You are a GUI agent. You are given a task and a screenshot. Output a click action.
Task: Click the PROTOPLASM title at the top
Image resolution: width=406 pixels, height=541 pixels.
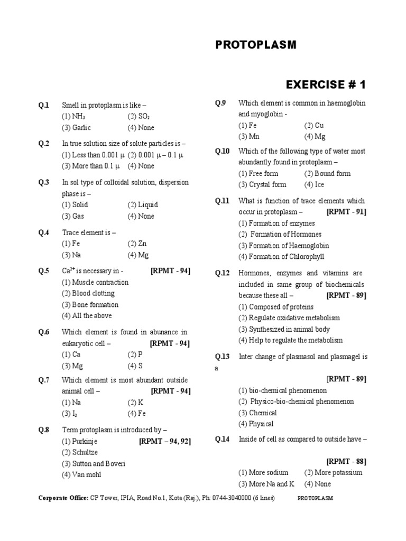[x=256, y=45]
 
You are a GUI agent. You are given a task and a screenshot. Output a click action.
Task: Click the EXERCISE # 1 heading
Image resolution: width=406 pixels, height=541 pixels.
[x=326, y=85]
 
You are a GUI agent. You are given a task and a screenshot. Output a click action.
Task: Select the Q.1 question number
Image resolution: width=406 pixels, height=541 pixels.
[x=43, y=105]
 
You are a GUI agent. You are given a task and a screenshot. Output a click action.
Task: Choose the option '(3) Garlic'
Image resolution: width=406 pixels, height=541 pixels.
[x=76, y=128]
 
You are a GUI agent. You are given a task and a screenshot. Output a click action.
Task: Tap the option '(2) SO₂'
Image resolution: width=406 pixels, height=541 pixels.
[x=139, y=116]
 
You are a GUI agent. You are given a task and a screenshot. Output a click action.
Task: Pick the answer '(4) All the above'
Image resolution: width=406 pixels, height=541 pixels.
[x=87, y=316]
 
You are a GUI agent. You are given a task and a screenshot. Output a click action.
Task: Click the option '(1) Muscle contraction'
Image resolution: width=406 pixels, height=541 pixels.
[x=95, y=282]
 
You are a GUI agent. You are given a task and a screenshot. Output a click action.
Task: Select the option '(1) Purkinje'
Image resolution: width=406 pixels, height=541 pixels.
[x=79, y=441]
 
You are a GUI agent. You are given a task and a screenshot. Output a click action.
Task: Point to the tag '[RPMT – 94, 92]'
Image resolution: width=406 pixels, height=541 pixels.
[x=165, y=441]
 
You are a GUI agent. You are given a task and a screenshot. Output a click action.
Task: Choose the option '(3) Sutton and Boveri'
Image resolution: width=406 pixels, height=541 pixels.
[x=94, y=463]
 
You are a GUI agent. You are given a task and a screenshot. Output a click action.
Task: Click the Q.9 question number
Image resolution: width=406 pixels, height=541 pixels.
[x=220, y=103]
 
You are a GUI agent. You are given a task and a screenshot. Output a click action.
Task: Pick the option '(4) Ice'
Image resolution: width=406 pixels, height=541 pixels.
[x=314, y=184]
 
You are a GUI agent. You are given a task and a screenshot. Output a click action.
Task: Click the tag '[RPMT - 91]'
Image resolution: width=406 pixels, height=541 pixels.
[x=346, y=212]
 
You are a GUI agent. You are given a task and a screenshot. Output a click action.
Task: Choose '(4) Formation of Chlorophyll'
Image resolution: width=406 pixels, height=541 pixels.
[x=281, y=257]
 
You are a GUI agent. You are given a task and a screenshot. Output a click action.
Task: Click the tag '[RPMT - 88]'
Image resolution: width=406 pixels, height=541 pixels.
[x=346, y=461]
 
